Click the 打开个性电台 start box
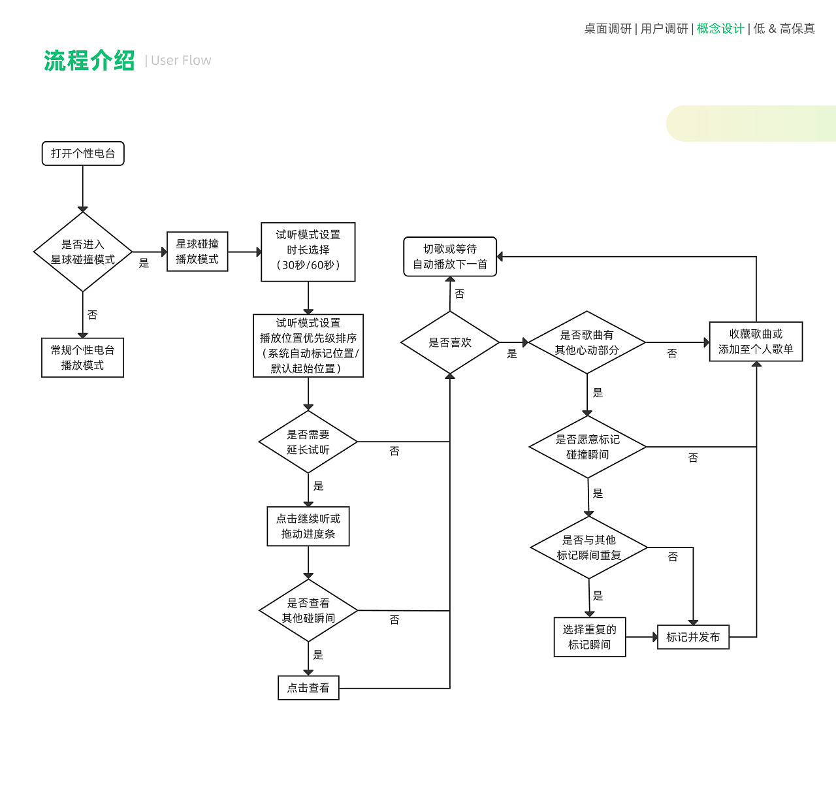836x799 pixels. [x=83, y=154]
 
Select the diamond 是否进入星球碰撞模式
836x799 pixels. [x=83, y=252]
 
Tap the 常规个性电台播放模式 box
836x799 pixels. [x=82, y=357]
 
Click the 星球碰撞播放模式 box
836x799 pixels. [x=197, y=252]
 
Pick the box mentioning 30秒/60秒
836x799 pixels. [x=308, y=252]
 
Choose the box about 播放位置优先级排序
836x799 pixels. [x=308, y=346]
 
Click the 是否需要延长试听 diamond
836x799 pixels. [x=308, y=442]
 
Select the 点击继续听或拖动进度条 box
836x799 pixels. [x=308, y=526]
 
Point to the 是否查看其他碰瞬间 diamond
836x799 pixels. [x=308, y=610]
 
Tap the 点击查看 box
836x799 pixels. [x=308, y=688]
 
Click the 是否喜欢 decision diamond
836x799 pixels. [x=450, y=342]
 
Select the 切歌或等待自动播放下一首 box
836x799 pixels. [x=450, y=257]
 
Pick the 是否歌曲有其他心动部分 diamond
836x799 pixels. [x=587, y=342]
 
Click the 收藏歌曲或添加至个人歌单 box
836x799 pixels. [x=756, y=342]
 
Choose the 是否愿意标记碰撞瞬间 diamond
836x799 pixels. [x=588, y=447]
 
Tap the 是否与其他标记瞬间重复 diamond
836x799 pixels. [x=589, y=547]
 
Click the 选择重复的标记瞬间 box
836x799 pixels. [x=590, y=637]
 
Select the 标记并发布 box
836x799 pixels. [x=693, y=637]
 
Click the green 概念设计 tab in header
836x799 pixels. [x=720, y=29]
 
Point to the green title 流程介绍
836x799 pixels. [x=89, y=61]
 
